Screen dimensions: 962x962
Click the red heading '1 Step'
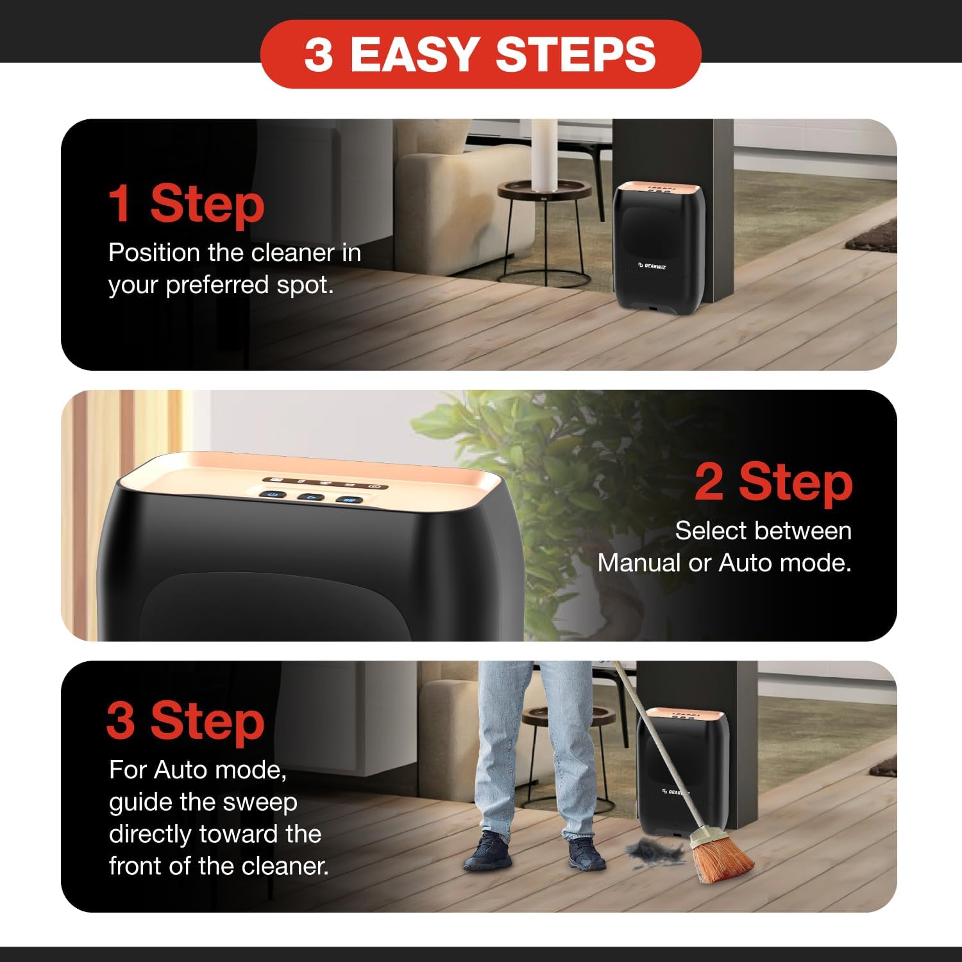pos(186,204)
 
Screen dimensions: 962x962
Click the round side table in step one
pos(545,189)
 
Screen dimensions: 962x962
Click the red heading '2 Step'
pos(773,482)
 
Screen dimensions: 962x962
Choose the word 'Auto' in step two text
pos(744,563)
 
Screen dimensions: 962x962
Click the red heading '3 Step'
pos(185,721)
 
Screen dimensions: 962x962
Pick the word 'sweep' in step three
pos(266,803)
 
